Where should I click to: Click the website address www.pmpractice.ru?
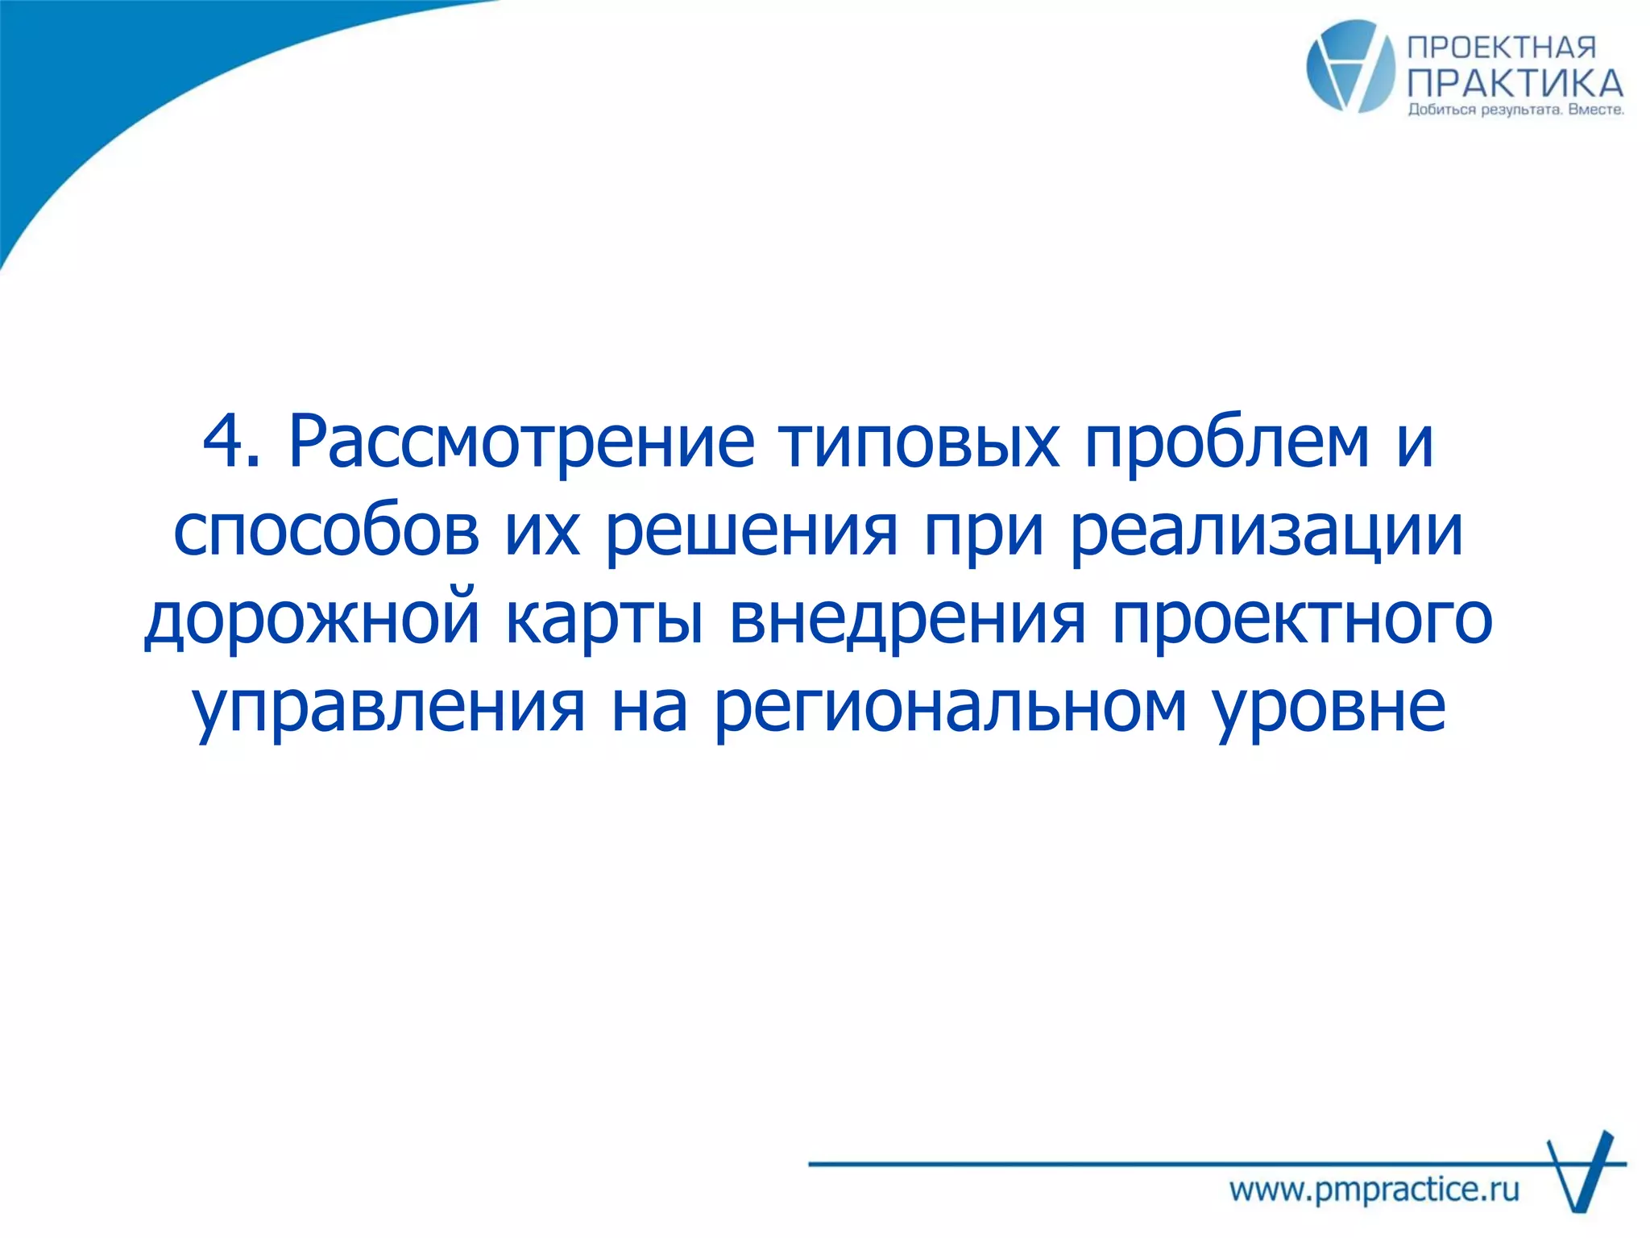[x=1374, y=1190]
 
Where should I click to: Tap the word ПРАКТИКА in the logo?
[x=1515, y=83]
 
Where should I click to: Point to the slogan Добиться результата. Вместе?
[x=1515, y=110]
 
